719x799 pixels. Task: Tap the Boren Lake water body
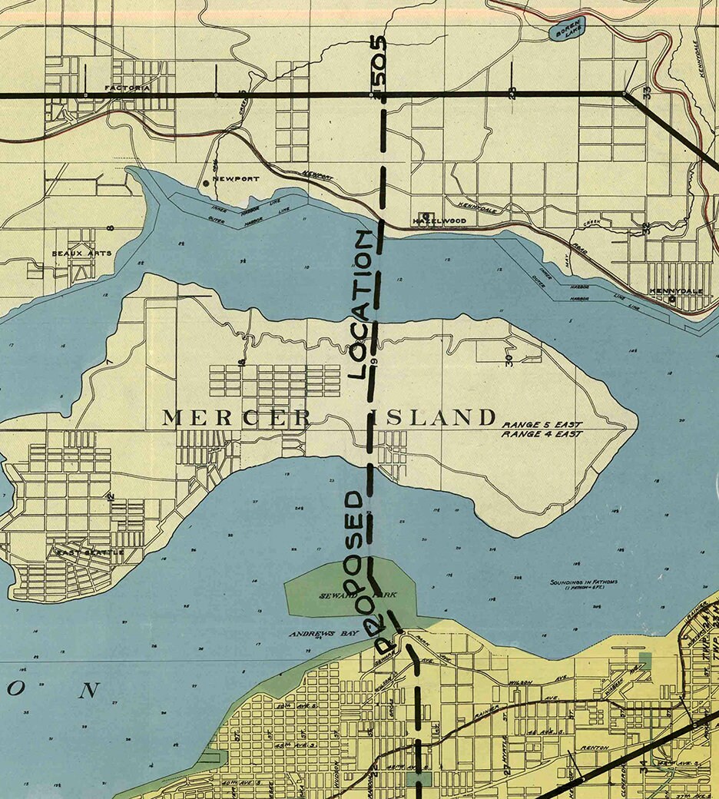point(568,30)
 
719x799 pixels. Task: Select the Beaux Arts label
point(81,253)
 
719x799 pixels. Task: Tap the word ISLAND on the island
point(434,418)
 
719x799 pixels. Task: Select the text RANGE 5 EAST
point(542,425)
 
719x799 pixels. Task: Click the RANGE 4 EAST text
point(542,435)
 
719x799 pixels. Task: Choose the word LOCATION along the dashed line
point(366,303)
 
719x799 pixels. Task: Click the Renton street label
point(595,747)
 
